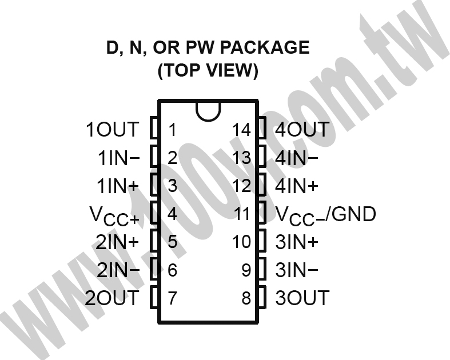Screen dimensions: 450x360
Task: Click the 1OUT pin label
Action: click(112, 129)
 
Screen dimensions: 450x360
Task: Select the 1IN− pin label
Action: click(118, 158)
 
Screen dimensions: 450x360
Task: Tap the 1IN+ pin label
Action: click(118, 186)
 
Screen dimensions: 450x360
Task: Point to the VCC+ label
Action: click(114, 215)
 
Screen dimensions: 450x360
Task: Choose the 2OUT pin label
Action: click(112, 298)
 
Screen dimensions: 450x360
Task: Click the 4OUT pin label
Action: click(302, 129)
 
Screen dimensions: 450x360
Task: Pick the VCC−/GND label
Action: click(325, 215)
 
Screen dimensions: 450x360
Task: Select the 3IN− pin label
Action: click(297, 270)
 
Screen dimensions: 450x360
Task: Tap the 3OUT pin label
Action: click(302, 298)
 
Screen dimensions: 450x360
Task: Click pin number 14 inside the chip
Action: click(241, 130)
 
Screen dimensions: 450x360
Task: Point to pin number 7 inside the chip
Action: click(172, 298)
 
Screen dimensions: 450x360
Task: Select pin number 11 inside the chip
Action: click(242, 214)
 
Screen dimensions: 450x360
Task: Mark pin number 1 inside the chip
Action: click(172, 130)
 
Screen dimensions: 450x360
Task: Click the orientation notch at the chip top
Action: click(208, 119)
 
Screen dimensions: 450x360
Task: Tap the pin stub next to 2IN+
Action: click(154, 241)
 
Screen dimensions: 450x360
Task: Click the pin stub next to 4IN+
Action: click(262, 185)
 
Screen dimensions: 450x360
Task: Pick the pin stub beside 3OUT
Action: click(262, 298)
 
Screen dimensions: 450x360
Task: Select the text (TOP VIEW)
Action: click(208, 70)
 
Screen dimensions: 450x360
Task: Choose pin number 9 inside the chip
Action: click(246, 270)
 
